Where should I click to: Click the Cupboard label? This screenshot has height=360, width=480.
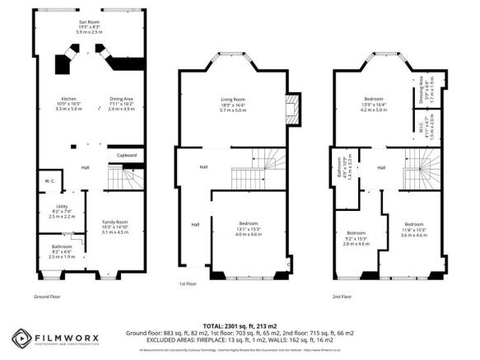point(126,155)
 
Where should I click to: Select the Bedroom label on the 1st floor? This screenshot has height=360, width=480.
point(247,227)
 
